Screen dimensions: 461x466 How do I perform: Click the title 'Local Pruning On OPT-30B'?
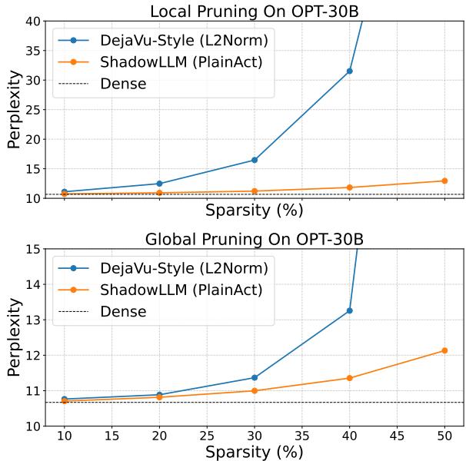pos(255,11)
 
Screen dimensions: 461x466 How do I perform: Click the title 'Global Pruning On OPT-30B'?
pos(255,239)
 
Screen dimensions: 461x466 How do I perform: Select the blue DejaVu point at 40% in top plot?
pos(350,71)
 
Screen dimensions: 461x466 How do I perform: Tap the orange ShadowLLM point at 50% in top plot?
pos(444,181)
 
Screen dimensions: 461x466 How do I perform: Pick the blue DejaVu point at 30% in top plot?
pos(255,160)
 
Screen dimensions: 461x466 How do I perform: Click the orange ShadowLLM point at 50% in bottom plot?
pos(444,350)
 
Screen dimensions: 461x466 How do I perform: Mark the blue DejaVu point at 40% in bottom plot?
pos(350,310)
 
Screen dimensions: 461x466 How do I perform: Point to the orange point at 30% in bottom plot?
pos(255,390)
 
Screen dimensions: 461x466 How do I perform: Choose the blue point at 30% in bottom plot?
pos(255,377)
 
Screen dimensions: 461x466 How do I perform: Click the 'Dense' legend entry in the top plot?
pos(123,84)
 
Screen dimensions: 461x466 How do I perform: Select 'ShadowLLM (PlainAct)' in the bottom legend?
pos(181,290)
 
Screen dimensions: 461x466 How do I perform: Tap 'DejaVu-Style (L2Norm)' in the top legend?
pos(184,40)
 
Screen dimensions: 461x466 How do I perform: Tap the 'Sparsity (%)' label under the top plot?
pos(255,210)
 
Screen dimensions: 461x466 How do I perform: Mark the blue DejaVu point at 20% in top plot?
pos(159,184)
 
